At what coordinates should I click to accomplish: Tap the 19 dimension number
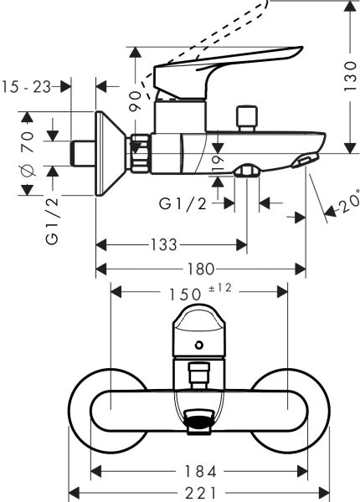click(218, 161)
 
